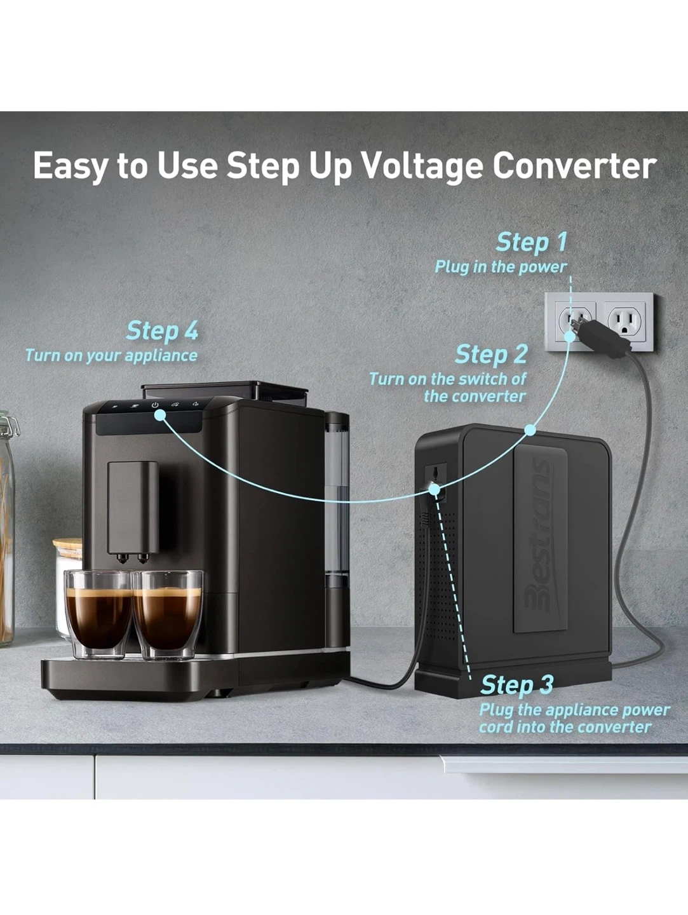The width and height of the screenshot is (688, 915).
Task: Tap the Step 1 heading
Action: coord(531,243)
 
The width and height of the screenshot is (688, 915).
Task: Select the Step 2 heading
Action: coord(491,355)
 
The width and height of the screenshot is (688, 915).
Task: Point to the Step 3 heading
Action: coord(516,685)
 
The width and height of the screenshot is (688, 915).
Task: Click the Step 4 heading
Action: coord(162,331)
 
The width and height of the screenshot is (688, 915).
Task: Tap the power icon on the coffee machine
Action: coord(156,405)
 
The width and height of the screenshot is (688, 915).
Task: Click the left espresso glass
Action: coord(99,614)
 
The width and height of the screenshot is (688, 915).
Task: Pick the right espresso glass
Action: coord(168,614)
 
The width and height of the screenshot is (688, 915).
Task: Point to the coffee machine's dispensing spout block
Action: coord(133,512)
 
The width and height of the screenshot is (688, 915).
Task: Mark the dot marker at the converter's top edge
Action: coord(530,430)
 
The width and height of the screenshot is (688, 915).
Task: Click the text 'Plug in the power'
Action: coord(501,267)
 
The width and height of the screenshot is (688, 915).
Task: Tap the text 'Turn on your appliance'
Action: coord(111,356)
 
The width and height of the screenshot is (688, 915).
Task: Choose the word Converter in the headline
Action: coord(574,166)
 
